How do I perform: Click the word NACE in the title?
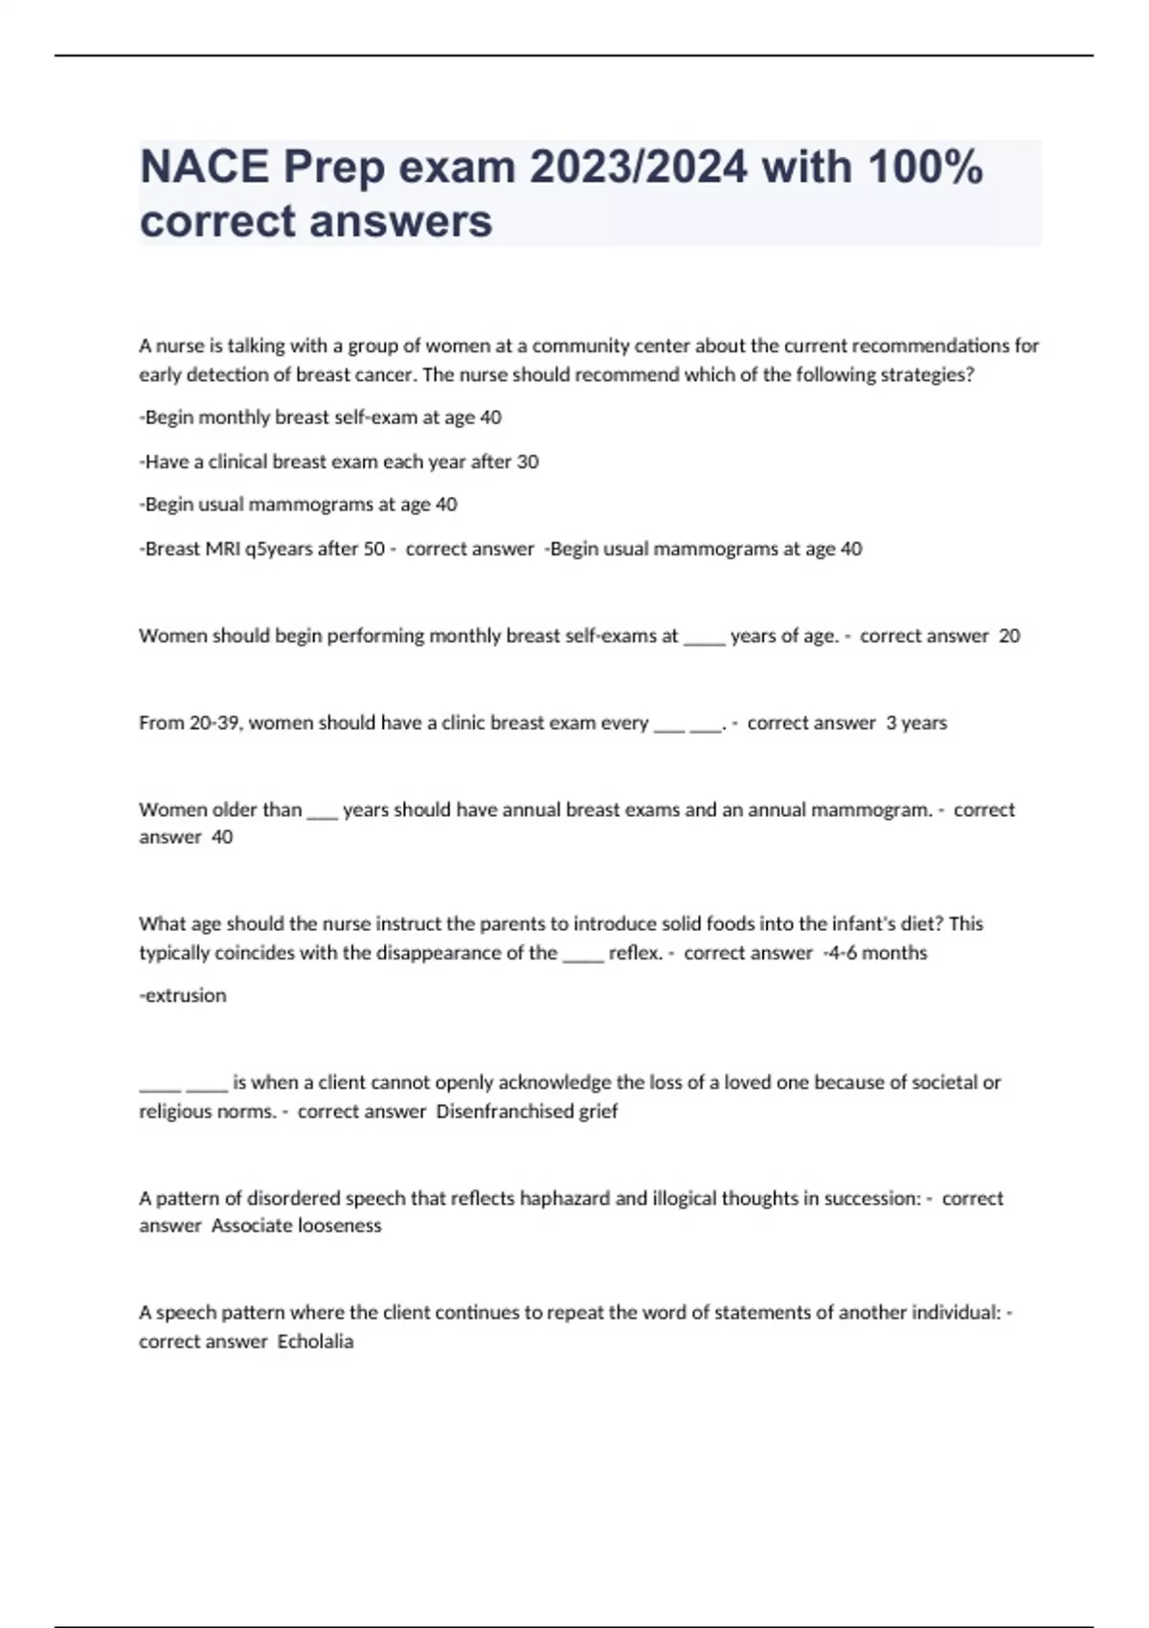point(204,168)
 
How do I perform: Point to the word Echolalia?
point(315,1342)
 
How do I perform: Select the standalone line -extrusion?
point(183,996)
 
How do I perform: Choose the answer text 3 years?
point(916,723)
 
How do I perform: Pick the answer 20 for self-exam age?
point(1009,636)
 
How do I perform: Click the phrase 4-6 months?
point(878,953)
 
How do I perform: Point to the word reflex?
point(635,953)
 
